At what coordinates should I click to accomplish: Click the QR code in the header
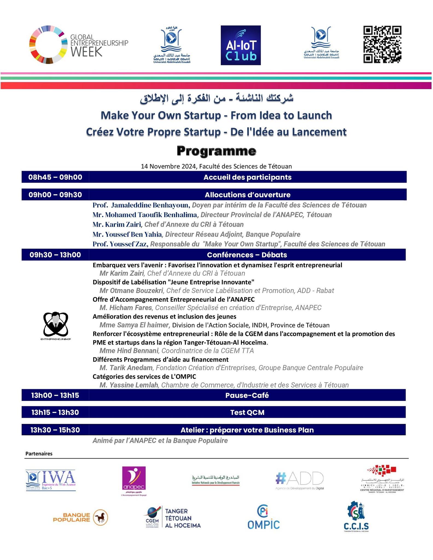382,45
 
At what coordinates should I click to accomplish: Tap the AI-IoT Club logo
241,45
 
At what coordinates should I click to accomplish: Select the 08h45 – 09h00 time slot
55,177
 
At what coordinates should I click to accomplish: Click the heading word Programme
216,151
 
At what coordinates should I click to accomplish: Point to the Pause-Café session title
247,395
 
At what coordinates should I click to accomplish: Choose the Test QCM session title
247,413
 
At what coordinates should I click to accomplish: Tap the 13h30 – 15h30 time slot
55,430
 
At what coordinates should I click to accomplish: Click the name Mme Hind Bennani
129,351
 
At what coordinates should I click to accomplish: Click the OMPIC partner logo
263,518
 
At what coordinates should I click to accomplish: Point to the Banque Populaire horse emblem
101,517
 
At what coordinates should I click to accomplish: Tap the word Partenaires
39,454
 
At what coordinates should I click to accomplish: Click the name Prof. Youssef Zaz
120,244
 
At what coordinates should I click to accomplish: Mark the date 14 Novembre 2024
168,166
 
